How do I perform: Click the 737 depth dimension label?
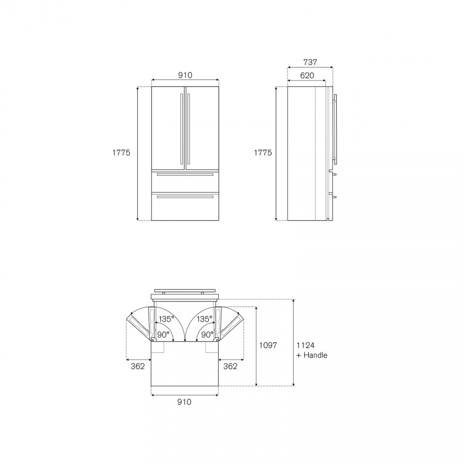pyautogui.click(x=310, y=62)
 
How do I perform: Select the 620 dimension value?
pyautogui.click(x=307, y=76)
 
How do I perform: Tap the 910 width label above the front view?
pyautogui.click(x=185, y=75)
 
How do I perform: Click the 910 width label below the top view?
pyautogui.click(x=185, y=402)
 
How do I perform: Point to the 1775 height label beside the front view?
pyautogui.click(x=121, y=153)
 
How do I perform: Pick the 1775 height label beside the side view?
pyautogui.click(x=263, y=153)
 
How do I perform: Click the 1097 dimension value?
pyautogui.click(x=268, y=345)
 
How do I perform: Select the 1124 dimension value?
pyautogui.click(x=305, y=345)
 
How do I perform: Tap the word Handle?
pyautogui.click(x=316, y=355)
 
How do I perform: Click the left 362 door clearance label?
pyautogui.click(x=138, y=367)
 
